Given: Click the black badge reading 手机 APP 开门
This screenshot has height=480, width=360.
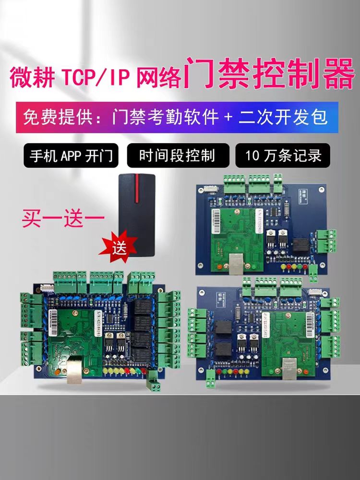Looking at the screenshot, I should (71, 155).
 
